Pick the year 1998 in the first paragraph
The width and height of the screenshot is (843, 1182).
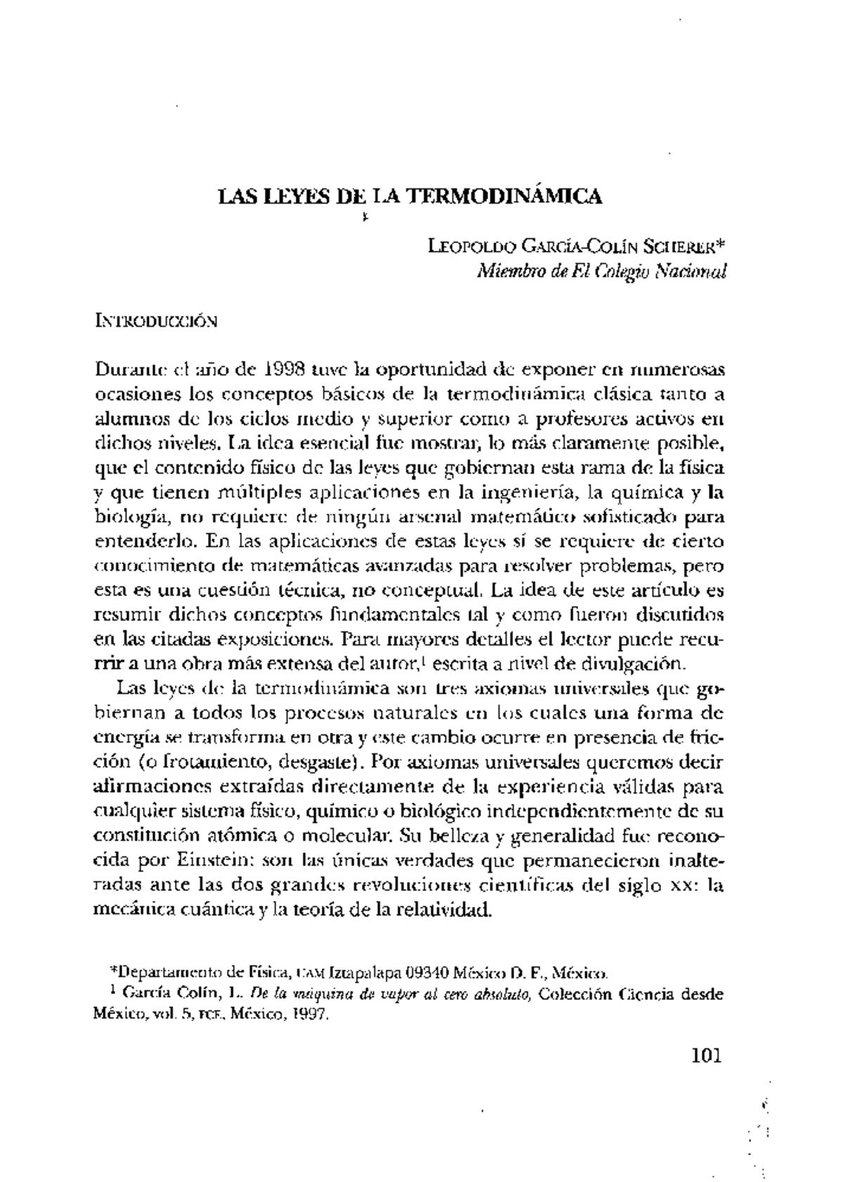coord(285,369)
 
